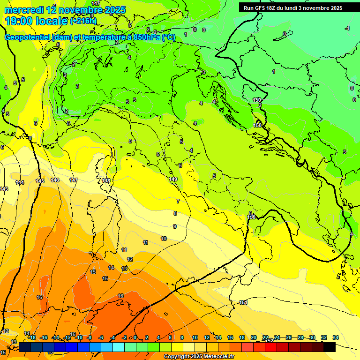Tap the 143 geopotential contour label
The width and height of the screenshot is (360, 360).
4,189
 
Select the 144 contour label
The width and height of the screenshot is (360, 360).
20,182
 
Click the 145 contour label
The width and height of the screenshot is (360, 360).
40,181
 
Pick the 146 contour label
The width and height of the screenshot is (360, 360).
55,180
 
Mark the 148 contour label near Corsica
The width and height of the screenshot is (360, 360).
106,180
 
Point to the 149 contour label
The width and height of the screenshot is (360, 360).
173,179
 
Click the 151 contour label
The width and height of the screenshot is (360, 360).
243,302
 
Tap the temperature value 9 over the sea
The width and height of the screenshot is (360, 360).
175,226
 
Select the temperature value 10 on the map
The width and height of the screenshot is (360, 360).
164,239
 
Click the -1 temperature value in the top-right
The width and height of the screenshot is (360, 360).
347,29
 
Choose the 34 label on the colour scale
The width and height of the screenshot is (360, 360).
335,337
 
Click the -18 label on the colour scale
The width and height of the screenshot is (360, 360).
32,337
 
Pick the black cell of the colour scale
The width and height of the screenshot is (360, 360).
330,347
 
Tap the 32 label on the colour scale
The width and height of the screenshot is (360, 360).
324,337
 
